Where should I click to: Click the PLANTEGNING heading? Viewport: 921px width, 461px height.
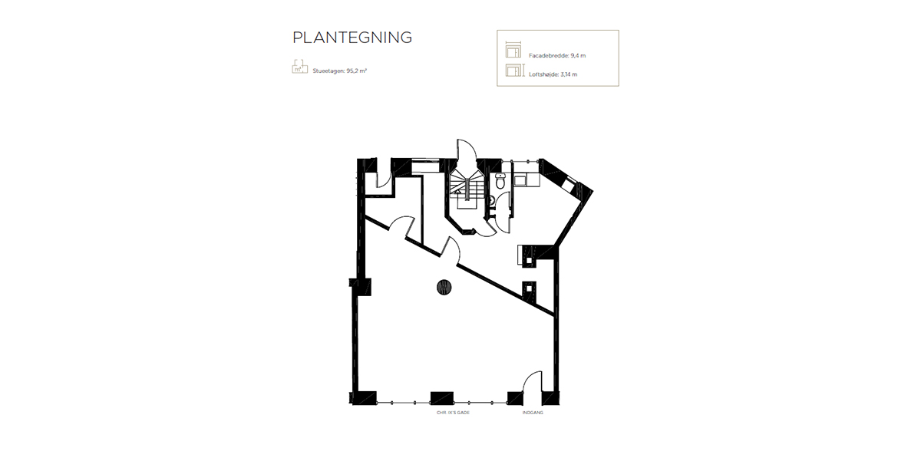click(352, 38)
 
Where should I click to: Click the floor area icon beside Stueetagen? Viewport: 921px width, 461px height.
click(299, 67)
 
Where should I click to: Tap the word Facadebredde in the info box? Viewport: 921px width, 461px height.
click(546, 56)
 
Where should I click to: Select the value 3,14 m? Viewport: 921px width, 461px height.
click(569, 74)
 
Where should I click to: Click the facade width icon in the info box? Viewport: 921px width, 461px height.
click(513, 51)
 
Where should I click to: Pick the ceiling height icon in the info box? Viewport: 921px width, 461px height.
click(513, 71)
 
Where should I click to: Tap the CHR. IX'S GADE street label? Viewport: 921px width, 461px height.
click(453, 413)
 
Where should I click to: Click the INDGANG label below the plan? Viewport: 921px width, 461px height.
click(532, 413)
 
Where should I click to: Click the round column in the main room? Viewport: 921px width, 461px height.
click(444, 288)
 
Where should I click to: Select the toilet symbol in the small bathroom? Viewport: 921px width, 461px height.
click(500, 182)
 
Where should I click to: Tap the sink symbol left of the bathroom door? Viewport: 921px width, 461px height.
click(492, 201)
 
